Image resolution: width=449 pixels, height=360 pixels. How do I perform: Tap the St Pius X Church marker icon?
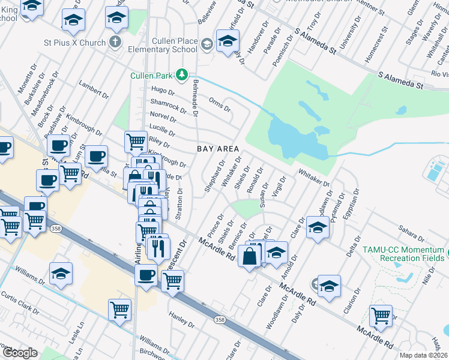(x=116, y=43)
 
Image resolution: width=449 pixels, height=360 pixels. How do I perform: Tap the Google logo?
(x=20, y=353)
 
